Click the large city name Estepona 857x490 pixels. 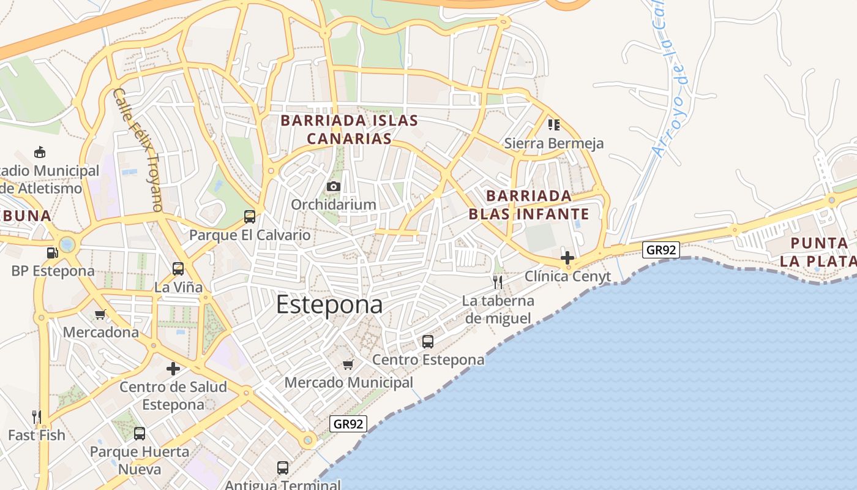click(329, 304)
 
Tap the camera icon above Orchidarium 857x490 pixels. click(333, 186)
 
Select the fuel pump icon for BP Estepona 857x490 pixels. click(52, 252)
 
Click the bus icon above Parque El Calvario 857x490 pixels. click(249, 216)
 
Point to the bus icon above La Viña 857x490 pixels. click(178, 268)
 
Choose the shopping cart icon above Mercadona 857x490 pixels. click(100, 315)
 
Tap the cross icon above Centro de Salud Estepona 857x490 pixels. click(173, 369)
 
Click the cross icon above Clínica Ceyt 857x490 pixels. click(567, 258)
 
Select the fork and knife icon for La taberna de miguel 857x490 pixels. click(498, 282)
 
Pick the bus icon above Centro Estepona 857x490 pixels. click(428, 341)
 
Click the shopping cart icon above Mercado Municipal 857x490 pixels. click(348, 365)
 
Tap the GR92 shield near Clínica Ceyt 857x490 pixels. click(661, 249)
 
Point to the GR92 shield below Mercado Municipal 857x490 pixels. click(348, 423)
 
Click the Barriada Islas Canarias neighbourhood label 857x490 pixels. click(349, 129)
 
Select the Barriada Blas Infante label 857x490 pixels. click(529, 205)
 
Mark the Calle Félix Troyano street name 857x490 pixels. click(138, 149)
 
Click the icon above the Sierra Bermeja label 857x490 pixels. click(554, 125)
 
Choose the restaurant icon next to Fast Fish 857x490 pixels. click(37, 417)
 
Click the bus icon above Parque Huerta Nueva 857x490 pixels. click(140, 434)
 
